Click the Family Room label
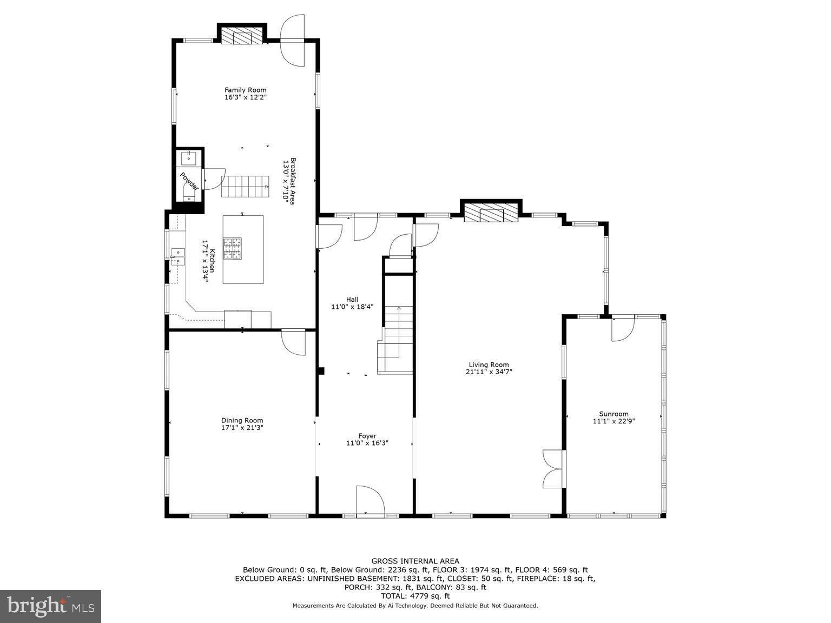click(x=246, y=90)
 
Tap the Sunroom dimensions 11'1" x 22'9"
click(x=614, y=421)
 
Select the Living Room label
click(x=489, y=364)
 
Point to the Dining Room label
click(x=242, y=420)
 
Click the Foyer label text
click(x=367, y=436)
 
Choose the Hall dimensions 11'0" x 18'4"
click(x=352, y=307)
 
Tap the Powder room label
click(x=189, y=181)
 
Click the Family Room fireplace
click(x=242, y=37)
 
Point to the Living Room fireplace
click(x=491, y=213)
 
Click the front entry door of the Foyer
click(x=370, y=500)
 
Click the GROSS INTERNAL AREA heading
click(x=415, y=561)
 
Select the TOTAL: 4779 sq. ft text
click(x=415, y=596)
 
